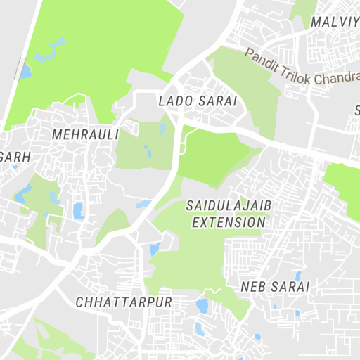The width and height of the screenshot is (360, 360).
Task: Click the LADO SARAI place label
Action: click(x=198, y=101)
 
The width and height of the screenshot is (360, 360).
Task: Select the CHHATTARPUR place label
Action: click(x=123, y=302)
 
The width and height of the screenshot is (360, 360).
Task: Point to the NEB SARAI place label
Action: click(x=275, y=287)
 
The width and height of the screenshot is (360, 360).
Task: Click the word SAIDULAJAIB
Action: click(x=229, y=206)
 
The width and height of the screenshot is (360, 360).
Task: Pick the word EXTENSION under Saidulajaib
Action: click(x=229, y=222)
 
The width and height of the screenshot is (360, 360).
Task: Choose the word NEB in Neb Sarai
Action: click(x=252, y=287)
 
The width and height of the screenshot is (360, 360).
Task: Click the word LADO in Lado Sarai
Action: click(x=174, y=101)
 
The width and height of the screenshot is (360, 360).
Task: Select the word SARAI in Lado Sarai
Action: click(x=218, y=101)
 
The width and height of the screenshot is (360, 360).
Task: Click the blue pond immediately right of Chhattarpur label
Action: click(x=202, y=305)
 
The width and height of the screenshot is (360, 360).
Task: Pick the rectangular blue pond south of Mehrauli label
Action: click(x=77, y=210)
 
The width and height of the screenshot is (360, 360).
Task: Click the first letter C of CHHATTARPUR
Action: click(x=78, y=302)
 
